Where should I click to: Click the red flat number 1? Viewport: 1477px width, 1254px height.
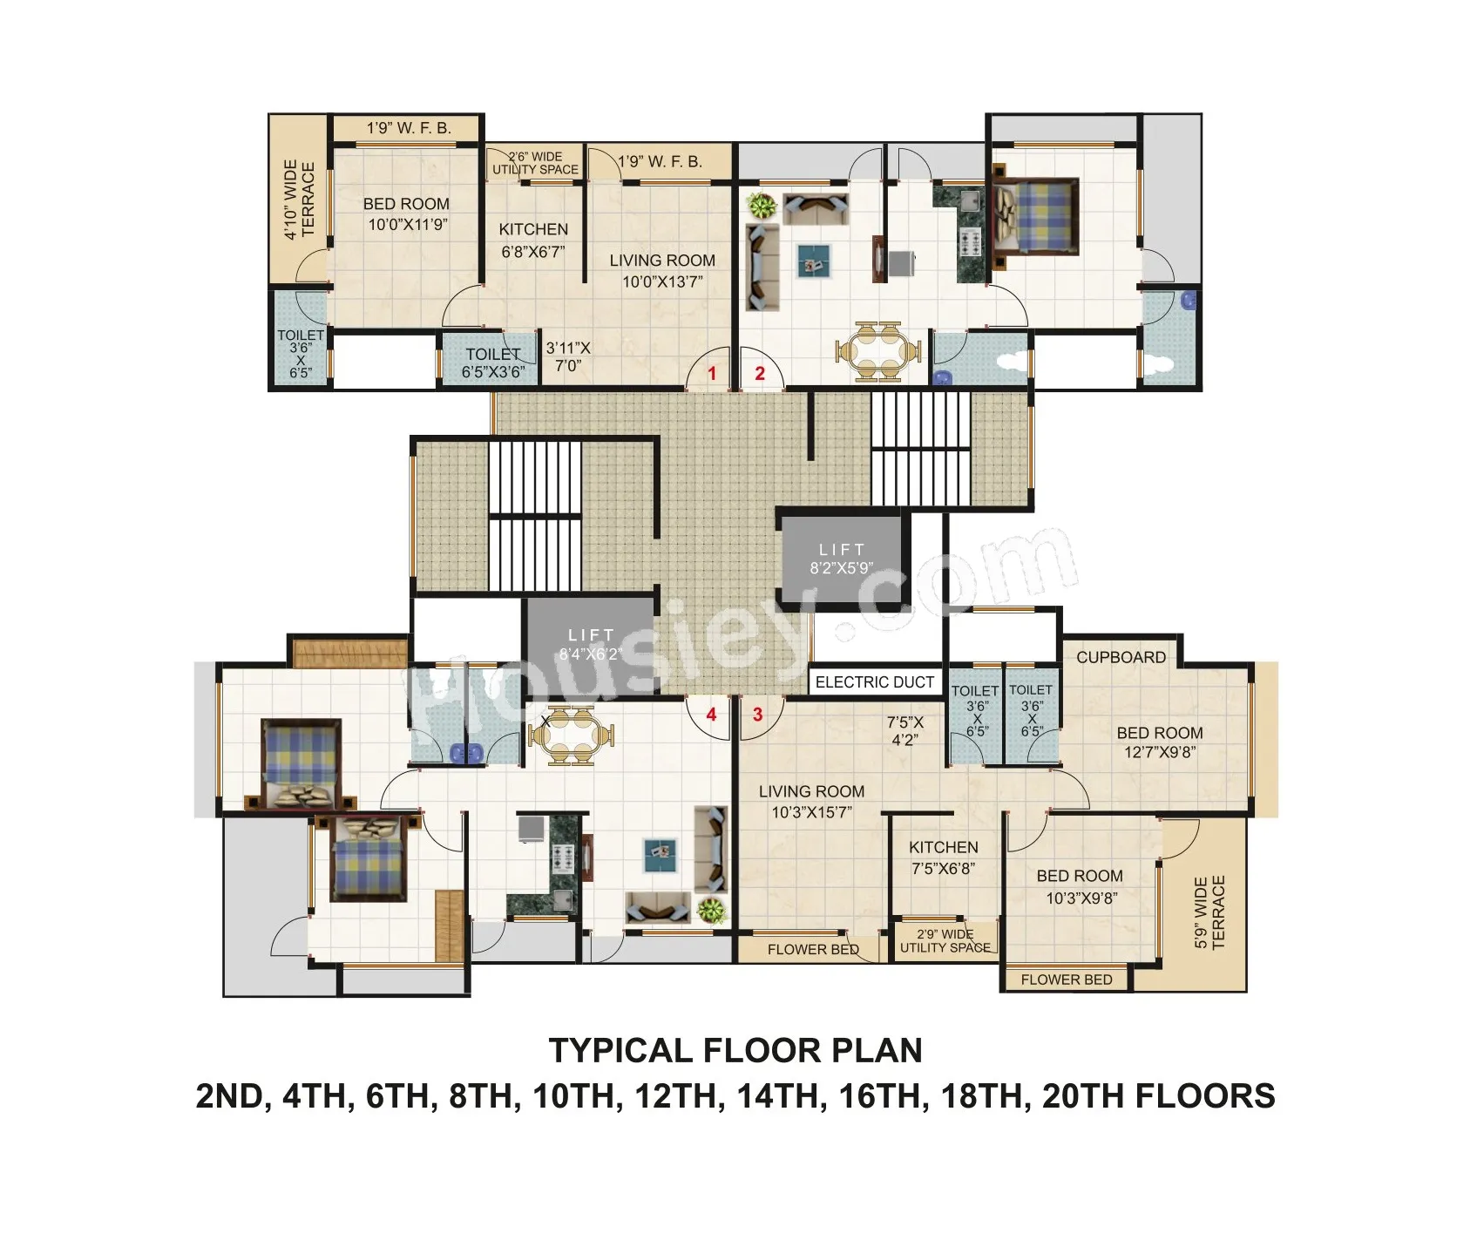(712, 374)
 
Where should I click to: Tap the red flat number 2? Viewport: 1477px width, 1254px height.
(760, 374)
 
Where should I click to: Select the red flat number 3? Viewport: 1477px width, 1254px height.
(757, 715)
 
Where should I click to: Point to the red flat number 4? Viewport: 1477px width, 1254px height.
(711, 715)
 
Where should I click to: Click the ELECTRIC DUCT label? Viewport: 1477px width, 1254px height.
(874, 682)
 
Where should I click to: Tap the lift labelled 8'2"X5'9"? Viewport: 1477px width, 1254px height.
(842, 559)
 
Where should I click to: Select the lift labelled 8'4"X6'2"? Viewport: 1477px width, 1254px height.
(591, 645)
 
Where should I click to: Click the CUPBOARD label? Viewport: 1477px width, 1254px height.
(1121, 657)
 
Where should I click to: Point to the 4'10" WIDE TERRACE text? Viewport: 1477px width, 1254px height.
(300, 200)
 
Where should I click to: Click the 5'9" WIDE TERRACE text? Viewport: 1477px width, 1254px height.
(1209, 912)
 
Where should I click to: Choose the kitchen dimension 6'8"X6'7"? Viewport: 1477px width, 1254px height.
(533, 252)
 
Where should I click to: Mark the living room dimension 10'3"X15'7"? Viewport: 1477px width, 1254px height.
(811, 812)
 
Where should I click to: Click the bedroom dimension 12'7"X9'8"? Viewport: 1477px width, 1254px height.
(1160, 752)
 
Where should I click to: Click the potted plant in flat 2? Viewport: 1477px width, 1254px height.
(762, 207)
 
